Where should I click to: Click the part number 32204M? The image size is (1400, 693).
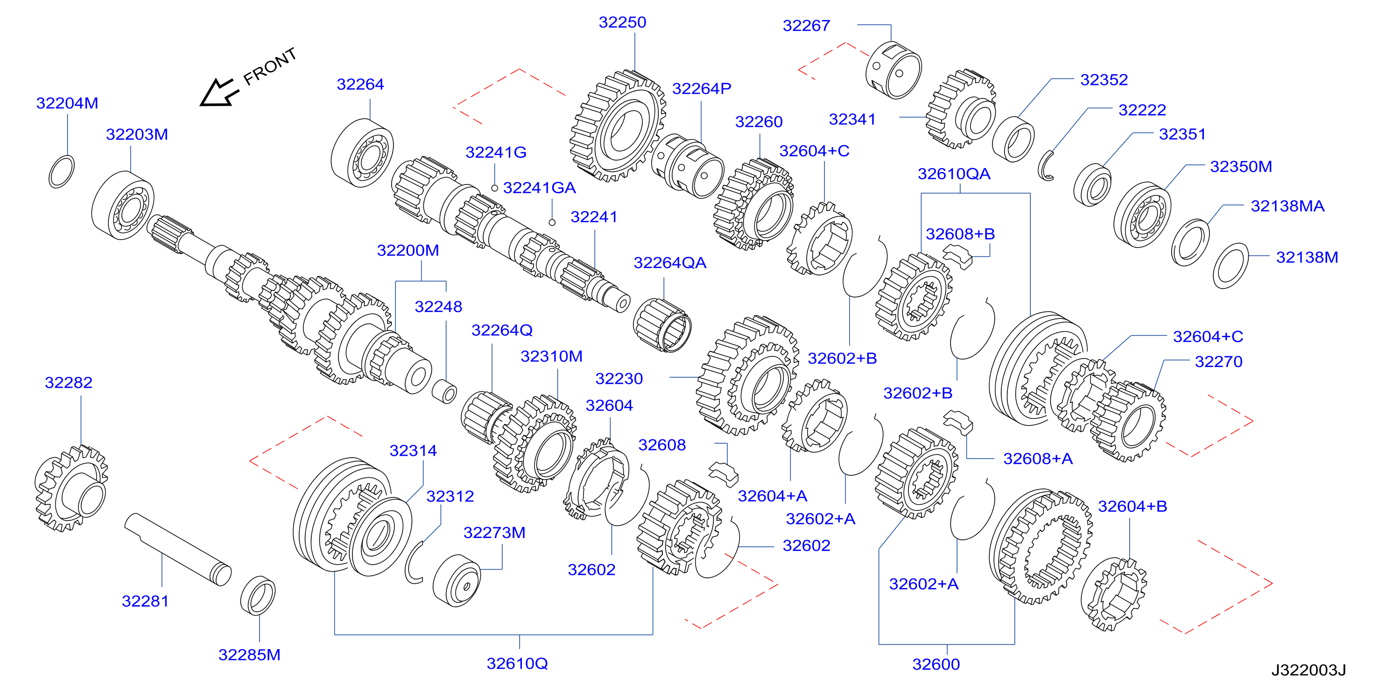[x=67, y=103]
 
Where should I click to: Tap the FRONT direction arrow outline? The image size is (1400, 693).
[x=218, y=92]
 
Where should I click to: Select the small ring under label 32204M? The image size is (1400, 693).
[x=62, y=172]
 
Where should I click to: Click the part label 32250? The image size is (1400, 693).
[x=622, y=22]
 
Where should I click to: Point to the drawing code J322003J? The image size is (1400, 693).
[x=1308, y=670]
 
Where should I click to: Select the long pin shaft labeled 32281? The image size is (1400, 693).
[x=178, y=550]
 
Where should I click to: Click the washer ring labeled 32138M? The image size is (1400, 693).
[x=1231, y=266]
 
